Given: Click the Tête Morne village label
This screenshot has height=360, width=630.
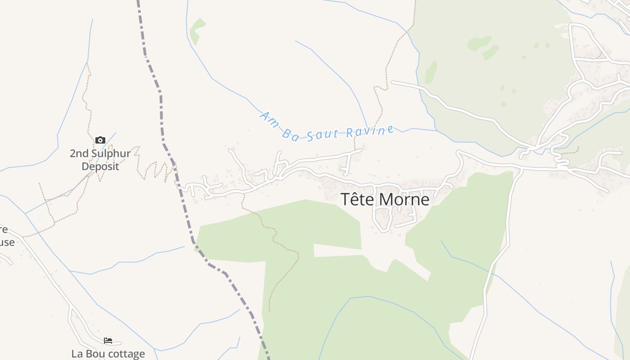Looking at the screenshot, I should click(385, 199).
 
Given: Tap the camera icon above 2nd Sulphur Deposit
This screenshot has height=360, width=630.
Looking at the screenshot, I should click(100, 140).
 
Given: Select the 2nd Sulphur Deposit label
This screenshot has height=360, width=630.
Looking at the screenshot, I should click(100, 160).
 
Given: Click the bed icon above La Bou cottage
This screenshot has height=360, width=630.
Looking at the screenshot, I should click(108, 341).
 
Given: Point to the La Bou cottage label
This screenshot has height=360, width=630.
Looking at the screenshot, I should click(108, 354).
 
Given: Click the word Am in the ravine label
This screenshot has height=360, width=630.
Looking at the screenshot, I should click(269, 119).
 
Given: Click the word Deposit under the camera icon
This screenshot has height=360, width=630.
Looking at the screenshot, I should click(100, 166).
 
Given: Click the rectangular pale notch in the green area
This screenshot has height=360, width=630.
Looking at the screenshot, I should click(337, 251).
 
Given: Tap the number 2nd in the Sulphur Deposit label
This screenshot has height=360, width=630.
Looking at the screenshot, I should click(79, 153).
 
